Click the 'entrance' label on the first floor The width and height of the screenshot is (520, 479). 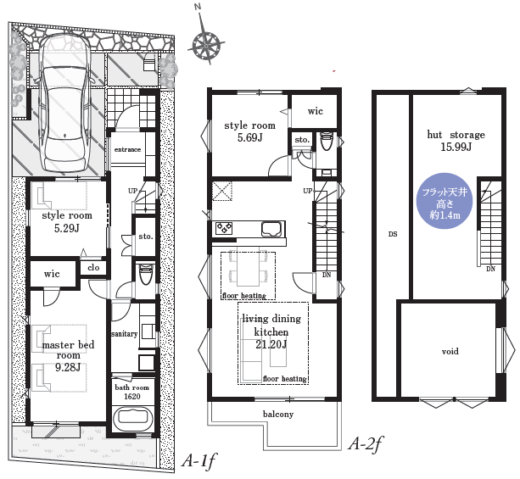point(127,149)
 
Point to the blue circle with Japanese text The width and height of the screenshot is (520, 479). point(445,201)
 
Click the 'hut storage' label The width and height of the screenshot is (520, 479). point(456,135)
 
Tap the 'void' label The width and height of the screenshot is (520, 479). point(450,351)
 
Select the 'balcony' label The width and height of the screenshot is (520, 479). point(278,414)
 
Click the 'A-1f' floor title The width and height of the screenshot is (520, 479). point(199,460)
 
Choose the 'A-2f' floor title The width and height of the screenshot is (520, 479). point(365,443)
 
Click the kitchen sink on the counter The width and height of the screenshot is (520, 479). point(272,229)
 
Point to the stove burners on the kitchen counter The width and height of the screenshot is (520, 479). point(224,228)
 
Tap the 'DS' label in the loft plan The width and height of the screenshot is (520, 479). point(393,234)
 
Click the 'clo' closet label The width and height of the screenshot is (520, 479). point(93,267)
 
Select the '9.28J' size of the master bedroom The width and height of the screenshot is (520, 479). point(68,367)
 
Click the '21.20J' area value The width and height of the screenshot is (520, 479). point(271,344)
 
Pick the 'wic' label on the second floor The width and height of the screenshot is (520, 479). point(315,111)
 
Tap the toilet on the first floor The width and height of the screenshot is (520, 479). point(144,274)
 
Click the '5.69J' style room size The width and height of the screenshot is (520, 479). point(250,137)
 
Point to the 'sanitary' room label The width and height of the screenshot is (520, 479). point(125,334)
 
